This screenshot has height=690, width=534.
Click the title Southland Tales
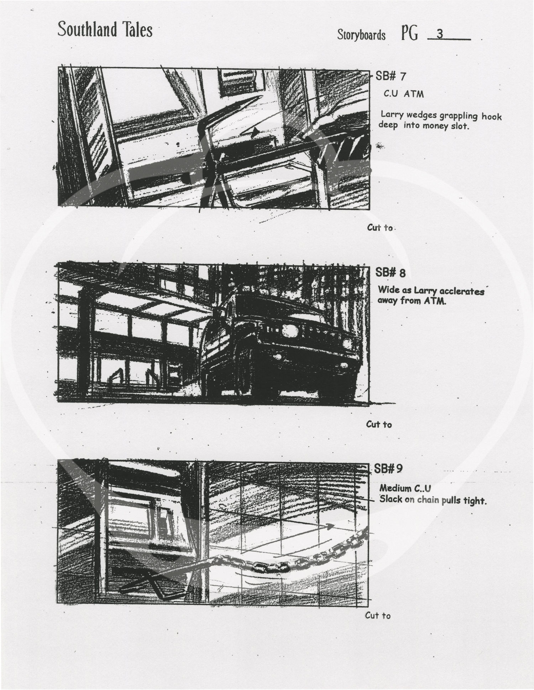coord(105,29)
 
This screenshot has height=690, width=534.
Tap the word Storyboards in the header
coord(361,35)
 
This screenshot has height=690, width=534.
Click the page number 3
coord(440,34)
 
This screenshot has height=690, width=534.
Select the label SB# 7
coord(391,76)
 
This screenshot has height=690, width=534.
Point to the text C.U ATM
coord(404,94)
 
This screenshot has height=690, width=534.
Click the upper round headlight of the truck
coord(289,331)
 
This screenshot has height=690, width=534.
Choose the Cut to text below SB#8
coord(379,424)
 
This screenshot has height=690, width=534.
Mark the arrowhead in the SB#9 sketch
coord(330,526)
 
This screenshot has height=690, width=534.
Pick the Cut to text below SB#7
coord(380,228)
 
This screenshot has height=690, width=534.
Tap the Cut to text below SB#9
coord(378,616)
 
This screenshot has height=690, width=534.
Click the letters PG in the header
coord(409,34)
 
